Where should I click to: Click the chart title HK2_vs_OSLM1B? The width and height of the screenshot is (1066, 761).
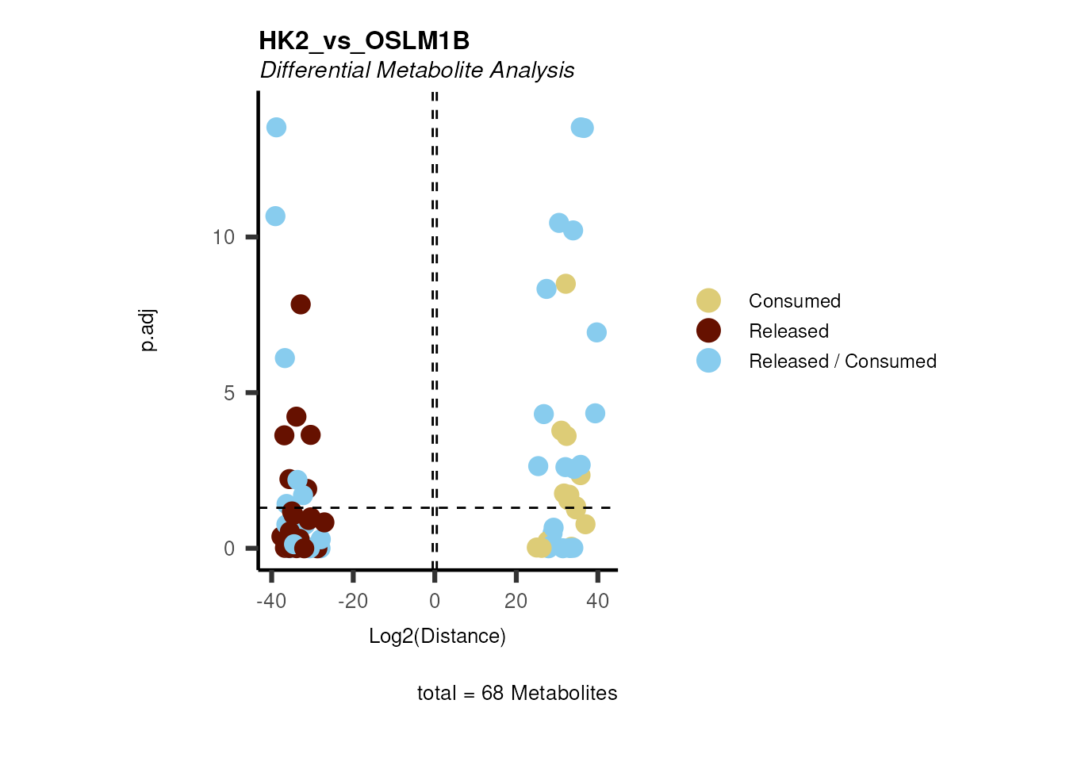click(364, 40)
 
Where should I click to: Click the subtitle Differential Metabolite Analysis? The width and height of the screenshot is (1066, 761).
click(417, 71)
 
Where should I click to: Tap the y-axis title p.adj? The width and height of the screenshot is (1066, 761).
click(148, 331)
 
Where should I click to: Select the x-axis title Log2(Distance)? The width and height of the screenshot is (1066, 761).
click(437, 636)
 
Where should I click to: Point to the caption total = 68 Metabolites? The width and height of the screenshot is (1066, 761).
click(517, 693)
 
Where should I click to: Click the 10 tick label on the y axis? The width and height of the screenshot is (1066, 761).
click(224, 237)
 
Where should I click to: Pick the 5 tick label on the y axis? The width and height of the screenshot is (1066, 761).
click(229, 393)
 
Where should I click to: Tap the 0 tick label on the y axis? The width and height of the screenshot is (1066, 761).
click(229, 549)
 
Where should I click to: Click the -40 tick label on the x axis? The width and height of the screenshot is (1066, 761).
click(271, 602)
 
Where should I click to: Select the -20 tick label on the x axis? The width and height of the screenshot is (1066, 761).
click(353, 602)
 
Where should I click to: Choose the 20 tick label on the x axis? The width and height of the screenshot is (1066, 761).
click(516, 602)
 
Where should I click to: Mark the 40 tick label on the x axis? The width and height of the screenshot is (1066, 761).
click(597, 602)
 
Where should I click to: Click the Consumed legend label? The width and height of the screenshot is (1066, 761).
click(794, 301)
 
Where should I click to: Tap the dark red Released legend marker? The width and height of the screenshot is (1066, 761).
click(708, 331)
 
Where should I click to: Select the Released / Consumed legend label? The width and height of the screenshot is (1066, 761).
click(842, 361)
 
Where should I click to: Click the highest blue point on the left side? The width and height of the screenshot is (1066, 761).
click(276, 128)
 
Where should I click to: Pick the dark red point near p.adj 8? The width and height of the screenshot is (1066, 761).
click(301, 304)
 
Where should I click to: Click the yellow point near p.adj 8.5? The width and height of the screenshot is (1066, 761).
click(566, 284)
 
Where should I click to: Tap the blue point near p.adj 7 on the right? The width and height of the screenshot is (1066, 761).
click(596, 332)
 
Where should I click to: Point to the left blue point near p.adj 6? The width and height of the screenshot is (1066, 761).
click(285, 358)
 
